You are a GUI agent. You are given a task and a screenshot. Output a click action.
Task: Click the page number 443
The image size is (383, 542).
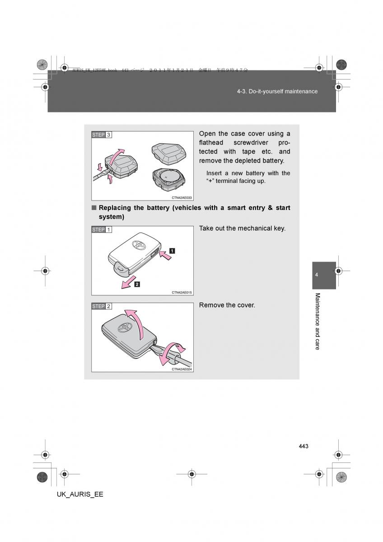303,446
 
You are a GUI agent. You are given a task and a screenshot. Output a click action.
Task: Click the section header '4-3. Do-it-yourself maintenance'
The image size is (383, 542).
277,91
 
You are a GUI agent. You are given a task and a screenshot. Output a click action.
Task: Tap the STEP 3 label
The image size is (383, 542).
102,135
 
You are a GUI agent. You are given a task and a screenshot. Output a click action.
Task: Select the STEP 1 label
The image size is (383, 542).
102,229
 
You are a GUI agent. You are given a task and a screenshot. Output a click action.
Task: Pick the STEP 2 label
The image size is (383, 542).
102,306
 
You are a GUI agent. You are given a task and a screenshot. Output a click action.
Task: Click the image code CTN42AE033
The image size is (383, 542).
182,197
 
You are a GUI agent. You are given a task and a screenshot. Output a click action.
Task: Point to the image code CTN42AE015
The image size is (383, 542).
182,292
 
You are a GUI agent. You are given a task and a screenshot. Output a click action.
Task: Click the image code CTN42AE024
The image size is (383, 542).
182,369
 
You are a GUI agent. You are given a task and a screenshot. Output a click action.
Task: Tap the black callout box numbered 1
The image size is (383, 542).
173,250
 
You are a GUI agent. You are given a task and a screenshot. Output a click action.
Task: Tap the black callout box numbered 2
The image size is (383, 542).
136,284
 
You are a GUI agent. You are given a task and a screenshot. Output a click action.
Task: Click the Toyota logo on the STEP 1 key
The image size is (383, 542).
138,244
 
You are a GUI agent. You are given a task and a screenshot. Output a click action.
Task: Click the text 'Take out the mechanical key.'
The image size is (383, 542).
242,229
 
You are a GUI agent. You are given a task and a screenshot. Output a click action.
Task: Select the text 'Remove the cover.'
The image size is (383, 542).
227,305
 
